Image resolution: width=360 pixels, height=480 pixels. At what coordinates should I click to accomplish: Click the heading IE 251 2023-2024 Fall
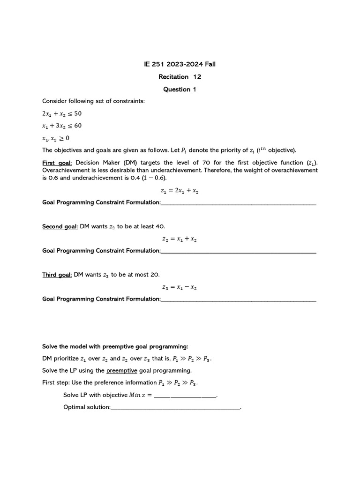180,64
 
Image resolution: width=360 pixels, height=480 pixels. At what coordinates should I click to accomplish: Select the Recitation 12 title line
180,76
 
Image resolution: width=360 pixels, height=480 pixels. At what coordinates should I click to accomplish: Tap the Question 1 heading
180,89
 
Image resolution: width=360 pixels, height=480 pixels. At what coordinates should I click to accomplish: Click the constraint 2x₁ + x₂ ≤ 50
62,113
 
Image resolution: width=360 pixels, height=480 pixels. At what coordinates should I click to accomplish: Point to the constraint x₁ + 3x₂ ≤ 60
62,126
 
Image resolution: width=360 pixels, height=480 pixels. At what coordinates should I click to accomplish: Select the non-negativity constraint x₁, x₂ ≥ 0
56,138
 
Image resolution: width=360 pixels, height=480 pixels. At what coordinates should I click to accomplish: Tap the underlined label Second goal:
60,226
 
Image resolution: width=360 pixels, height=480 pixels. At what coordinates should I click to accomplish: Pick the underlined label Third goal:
57,275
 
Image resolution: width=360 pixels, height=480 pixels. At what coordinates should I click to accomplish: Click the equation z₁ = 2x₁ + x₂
180,191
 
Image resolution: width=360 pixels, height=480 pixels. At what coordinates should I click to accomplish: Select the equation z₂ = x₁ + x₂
180,239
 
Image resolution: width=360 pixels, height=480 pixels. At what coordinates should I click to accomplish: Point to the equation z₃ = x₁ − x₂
180,287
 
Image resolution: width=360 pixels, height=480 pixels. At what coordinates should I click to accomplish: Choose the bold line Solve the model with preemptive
115,346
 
